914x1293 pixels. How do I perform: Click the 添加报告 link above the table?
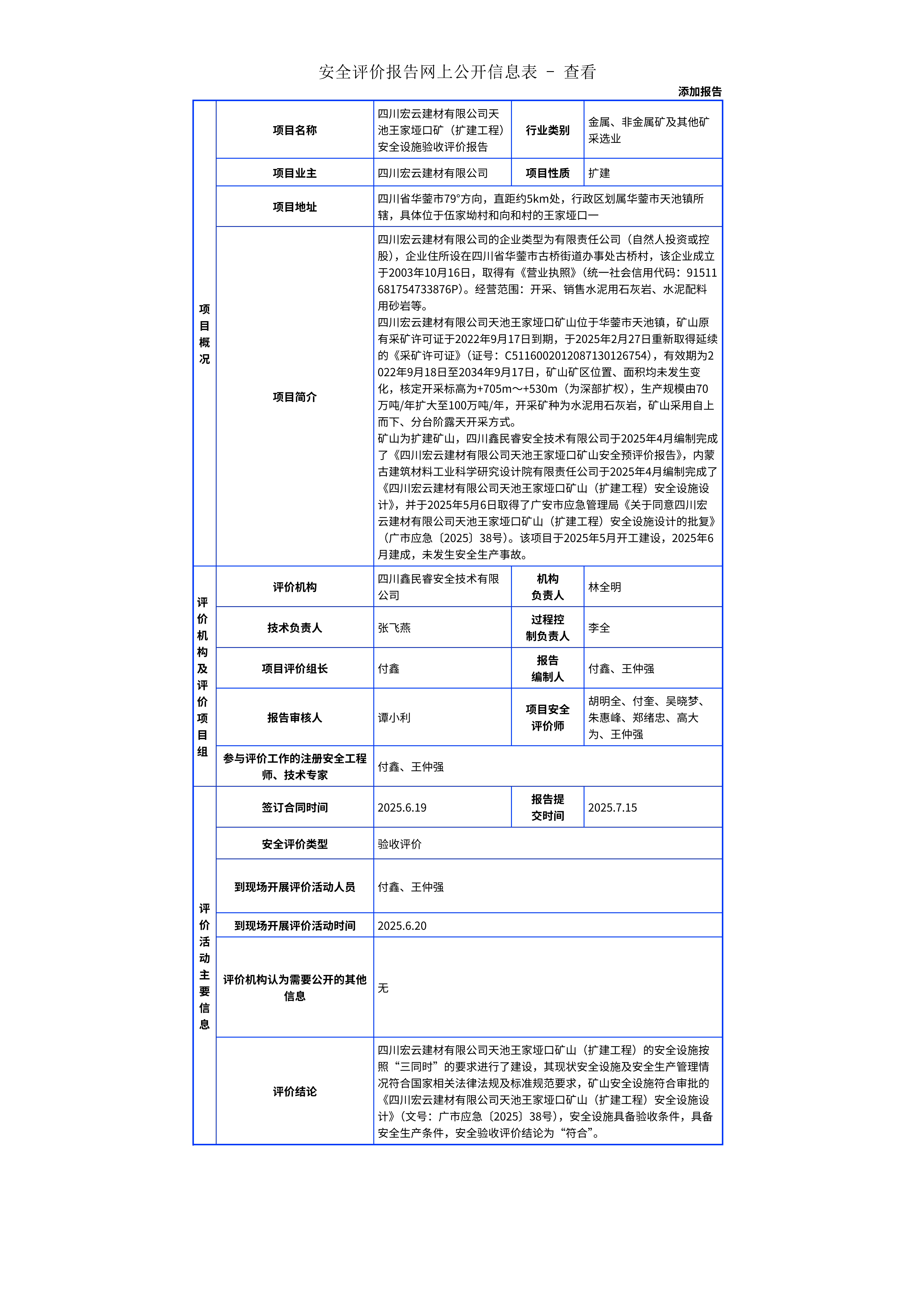[699, 92]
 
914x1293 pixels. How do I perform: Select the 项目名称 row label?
[294, 130]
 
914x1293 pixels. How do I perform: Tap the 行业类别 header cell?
[547, 130]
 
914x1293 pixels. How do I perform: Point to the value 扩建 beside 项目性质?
[599, 173]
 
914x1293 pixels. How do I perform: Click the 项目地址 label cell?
[294, 207]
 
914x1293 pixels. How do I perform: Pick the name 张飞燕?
[394, 628]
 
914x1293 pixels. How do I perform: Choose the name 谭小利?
[394, 717]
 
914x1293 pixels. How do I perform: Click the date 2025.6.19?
[402, 807]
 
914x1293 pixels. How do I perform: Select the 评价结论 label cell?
[294, 1091]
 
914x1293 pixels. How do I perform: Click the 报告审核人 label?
[294, 717]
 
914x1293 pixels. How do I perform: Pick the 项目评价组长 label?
[294, 668]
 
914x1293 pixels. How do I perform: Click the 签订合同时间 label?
[294, 807]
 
